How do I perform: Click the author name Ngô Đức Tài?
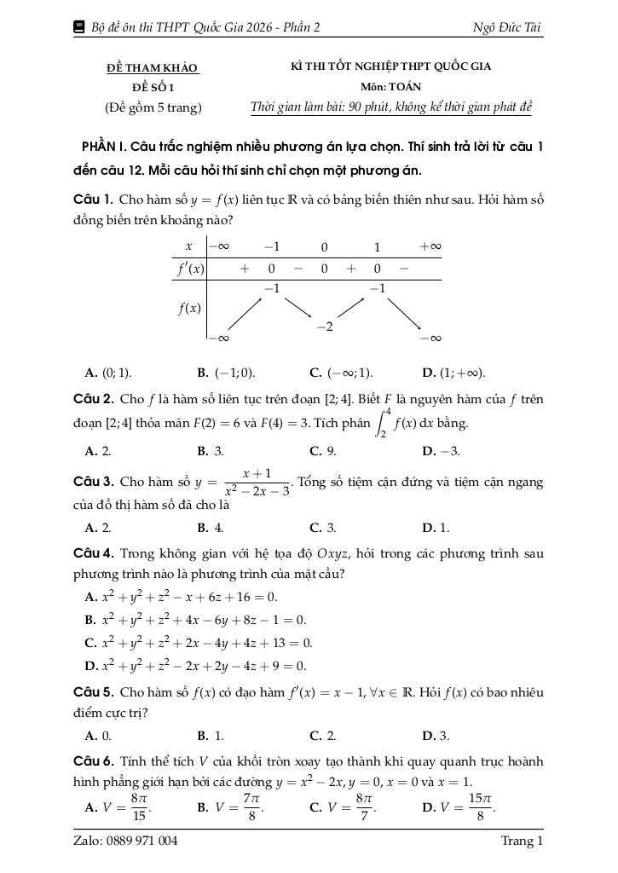(506, 27)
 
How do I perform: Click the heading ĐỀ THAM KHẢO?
(152, 67)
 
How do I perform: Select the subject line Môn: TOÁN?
(390, 87)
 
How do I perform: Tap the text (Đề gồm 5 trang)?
(153, 107)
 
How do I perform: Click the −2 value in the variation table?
(324, 327)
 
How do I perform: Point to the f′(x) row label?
(190, 269)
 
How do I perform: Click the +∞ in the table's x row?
(430, 246)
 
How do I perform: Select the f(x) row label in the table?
(189, 308)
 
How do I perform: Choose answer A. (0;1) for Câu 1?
(108, 373)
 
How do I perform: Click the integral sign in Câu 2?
(383, 422)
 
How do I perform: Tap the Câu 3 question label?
(94, 482)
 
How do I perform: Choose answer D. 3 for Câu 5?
(436, 735)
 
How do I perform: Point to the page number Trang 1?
(522, 841)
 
